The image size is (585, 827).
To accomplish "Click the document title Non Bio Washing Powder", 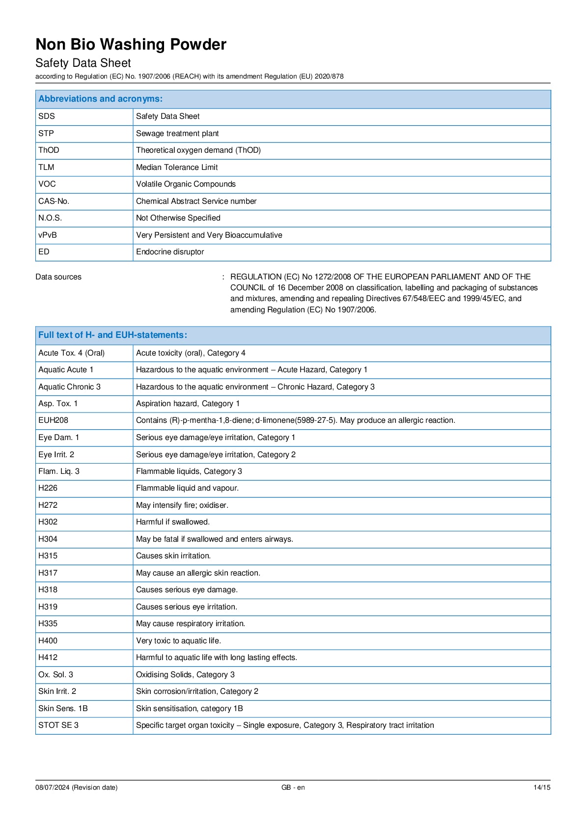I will tap(131, 45).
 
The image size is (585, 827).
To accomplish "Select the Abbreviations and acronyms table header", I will tap(100, 99).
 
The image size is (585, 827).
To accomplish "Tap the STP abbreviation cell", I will tap(46, 134).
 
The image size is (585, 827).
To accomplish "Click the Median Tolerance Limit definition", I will tap(177, 167).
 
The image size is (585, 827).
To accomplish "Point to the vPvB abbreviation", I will tap(48, 235).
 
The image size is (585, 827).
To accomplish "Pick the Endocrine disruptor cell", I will tap(170, 252).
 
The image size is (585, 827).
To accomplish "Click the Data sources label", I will tap(58, 277).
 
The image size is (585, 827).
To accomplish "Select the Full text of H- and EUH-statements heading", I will tap(112, 335).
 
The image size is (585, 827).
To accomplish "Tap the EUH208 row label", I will tap(53, 420).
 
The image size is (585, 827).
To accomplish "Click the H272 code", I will tap(48, 505).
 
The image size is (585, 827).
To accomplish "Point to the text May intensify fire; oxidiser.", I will tap(182, 505).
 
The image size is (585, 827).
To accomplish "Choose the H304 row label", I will tap(48, 539).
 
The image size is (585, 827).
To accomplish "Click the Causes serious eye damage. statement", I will tap(187, 590).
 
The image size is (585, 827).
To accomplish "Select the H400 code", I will tap(48, 641).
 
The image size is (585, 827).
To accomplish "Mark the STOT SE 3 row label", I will tap(58, 725).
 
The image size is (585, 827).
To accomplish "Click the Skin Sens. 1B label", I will tap(63, 709).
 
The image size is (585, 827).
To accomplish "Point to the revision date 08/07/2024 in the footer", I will tap(76, 788).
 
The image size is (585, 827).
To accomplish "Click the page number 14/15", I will tap(542, 788).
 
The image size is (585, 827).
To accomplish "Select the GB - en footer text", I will tap(293, 788).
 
